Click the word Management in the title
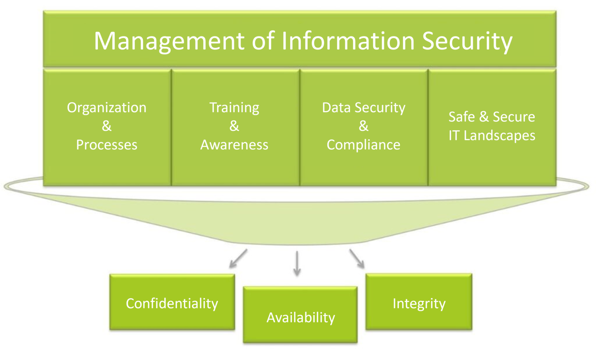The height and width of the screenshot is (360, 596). pyautogui.click(x=170, y=41)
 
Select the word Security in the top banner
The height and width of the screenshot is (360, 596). pyautogui.click(x=467, y=41)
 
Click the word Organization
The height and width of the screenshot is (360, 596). pyautogui.click(x=107, y=107)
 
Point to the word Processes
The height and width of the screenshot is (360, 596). pyautogui.click(x=107, y=145)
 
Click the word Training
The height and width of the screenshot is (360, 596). pyautogui.click(x=234, y=107)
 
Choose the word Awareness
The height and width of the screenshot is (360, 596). pyautogui.click(x=234, y=145)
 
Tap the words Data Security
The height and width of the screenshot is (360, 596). pyautogui.click(x=364, y=107)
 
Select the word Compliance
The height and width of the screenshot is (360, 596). pyautogui.click(x=364, y=145)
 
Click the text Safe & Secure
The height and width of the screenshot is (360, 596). pyautogui.click(x=492, y=117)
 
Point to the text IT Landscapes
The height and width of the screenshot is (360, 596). pyautogui.click(x=492, y=135)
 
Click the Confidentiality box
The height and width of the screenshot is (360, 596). pyautogui.click(x=172, y=302)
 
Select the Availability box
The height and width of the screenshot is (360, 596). pyautogui.click(x=300, y=315)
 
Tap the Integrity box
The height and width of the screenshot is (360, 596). pyautogui.click(x=419, y=302)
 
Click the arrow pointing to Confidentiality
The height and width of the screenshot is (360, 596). pyautogui.click(x=237, y=259)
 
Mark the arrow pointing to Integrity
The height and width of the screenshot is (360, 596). pyautogui.click(x=357, y=259)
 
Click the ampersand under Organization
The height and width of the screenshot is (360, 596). pyautogui.click(x=107, y=126)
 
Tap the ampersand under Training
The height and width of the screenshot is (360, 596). pyautogui.click(x=234, y=126)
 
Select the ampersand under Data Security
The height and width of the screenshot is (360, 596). pyautogui.click(x=364, y=126)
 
